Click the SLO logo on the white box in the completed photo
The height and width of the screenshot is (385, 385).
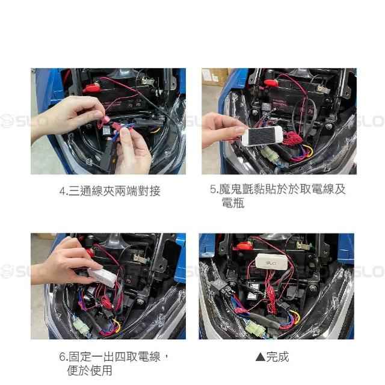[270, 263]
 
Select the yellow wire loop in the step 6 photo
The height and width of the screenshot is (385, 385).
[117, 325]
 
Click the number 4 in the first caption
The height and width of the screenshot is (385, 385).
[63, 191]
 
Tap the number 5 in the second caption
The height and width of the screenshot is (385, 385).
[213, 189]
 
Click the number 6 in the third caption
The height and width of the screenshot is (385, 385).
[63, 357]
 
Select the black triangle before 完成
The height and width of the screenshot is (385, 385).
[260, 357]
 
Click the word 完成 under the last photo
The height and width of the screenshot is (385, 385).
[277, 357]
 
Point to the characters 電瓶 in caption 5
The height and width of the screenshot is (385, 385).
[233, 203]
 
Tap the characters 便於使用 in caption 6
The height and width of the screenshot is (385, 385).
[90, 371]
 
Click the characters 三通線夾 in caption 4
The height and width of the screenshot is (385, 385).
[91, 191]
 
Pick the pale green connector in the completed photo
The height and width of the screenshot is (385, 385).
[253, 327]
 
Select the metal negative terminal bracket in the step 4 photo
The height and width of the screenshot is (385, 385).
[147, 81]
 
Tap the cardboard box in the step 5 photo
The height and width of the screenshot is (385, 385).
[214, 76]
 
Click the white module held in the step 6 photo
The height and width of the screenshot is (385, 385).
[102, 277]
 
